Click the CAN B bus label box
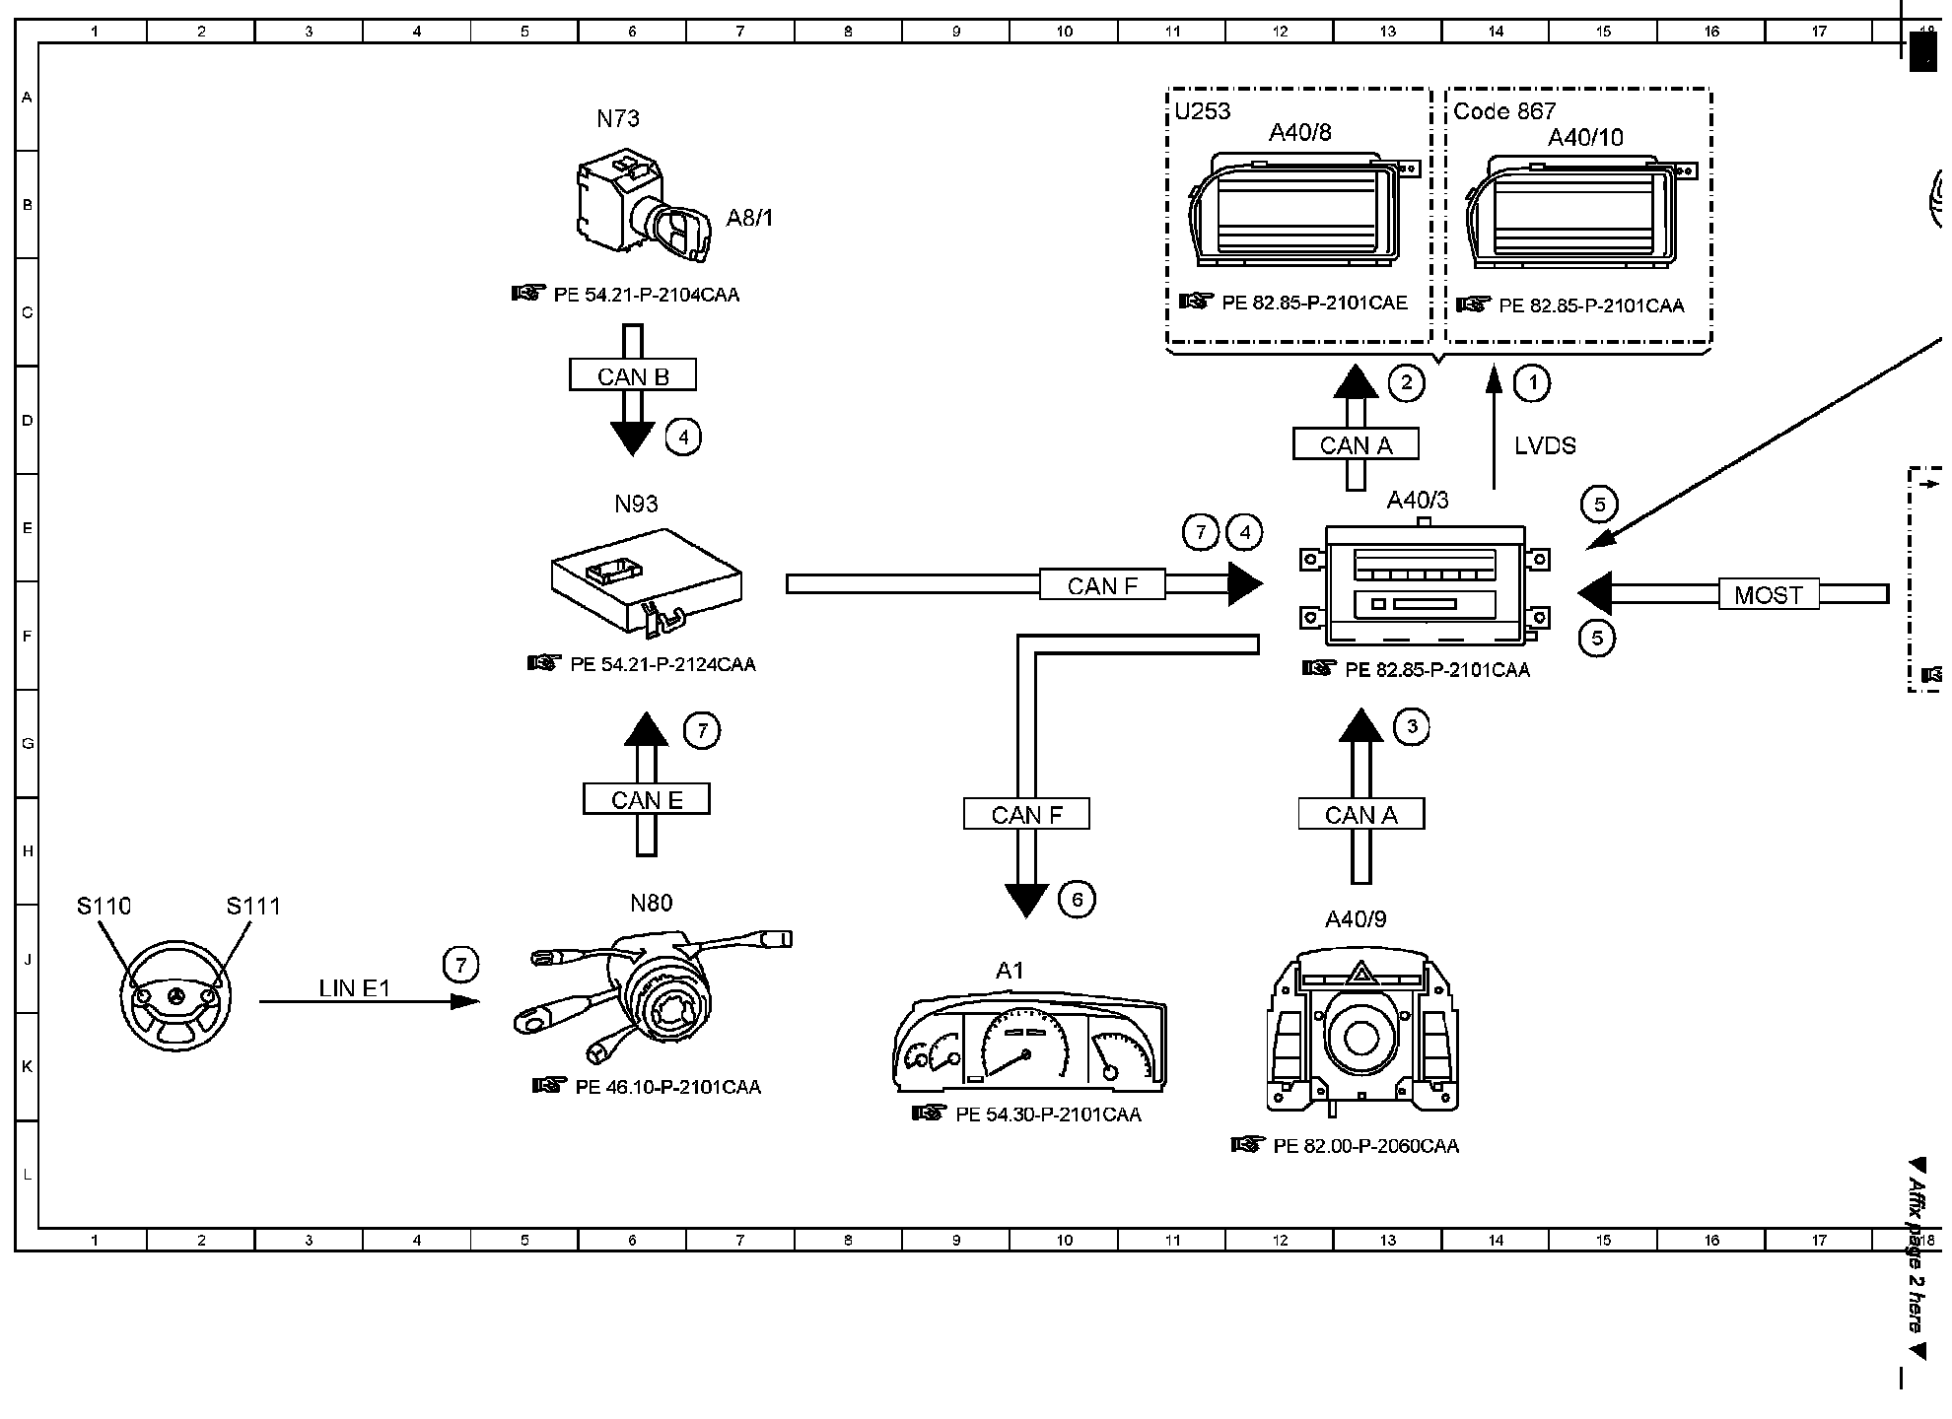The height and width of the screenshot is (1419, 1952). [x=633, y=375]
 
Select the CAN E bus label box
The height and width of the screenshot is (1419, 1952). [x=647, y=798]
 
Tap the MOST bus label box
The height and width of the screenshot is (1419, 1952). [x=1769, y=594]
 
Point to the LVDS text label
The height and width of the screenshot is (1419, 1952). [x=1545, y=445]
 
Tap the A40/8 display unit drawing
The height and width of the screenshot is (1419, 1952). [x=1301, y=209]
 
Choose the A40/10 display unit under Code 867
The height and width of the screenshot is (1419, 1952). [x=1579, y=211]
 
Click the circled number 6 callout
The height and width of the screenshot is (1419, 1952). [x=1077, y=899]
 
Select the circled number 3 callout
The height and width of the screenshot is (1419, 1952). [x=1412, y=727]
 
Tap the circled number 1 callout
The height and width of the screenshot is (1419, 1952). [x=1531, y=382]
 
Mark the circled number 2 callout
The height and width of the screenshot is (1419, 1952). [x=1406, y=382]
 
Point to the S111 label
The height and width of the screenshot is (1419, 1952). [x=253, y=906]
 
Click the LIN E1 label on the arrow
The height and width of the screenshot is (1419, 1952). [x=355, y=987]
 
